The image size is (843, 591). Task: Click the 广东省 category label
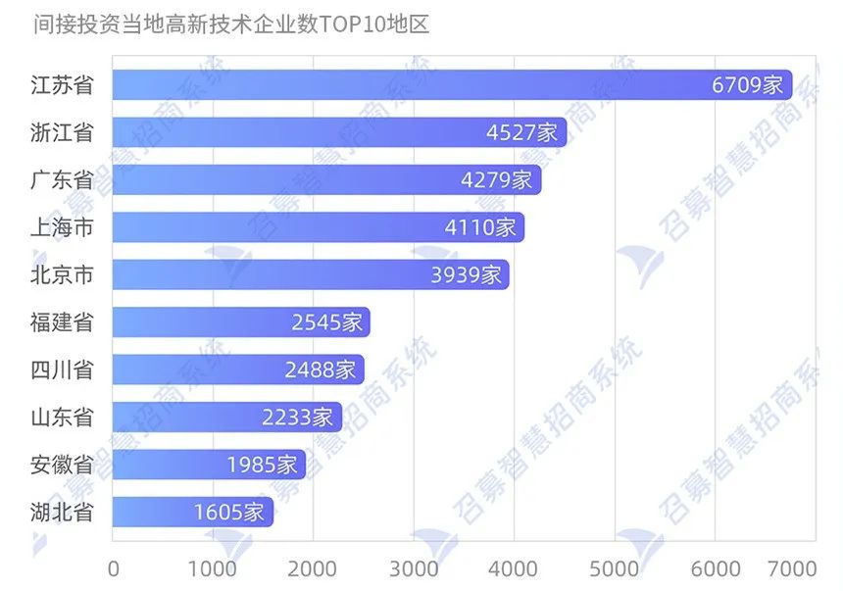point(62,179)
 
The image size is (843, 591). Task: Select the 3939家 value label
point(467,274)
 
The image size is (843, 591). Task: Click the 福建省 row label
point(62,322)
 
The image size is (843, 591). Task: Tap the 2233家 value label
point(298,417)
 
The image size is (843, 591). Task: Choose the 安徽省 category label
point(62,465)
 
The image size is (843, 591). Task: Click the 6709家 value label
point(749,85)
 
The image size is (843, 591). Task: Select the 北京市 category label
point(62,274)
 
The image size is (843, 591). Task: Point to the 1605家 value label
point(229,512)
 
